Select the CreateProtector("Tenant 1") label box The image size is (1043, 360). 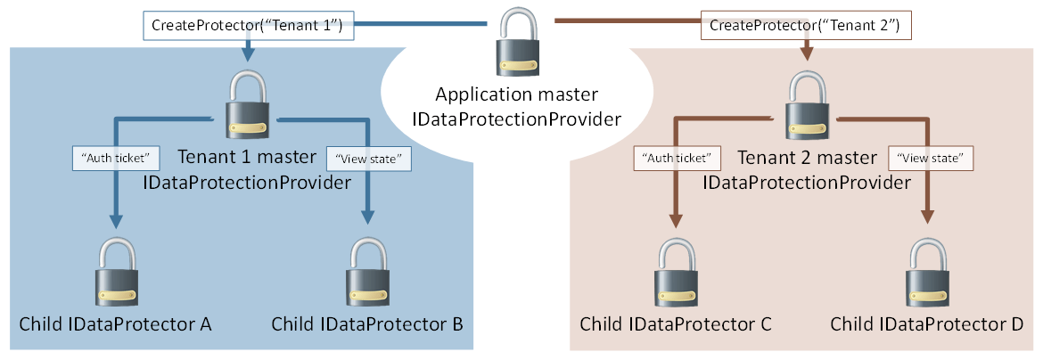(x=248, y=26)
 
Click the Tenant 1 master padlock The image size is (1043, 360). (x=247, y=106)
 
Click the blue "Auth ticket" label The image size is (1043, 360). (x=115, y=158)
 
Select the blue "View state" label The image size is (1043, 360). (x=369, y=158)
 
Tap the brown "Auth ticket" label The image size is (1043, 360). (x=676, y=158)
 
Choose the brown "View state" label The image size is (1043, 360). (x=929, y=158)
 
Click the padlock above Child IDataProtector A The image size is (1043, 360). (x=115, y=272)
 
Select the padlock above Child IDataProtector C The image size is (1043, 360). (x=676, y=272)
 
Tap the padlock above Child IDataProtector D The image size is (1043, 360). (x=927, y=272)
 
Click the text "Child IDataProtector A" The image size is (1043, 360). (x=116, y=324)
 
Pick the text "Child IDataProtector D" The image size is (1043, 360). (x=927, y=324)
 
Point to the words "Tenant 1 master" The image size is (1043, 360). (x=247, y=158)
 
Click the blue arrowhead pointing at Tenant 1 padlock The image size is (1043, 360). (x=247, y=55)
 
